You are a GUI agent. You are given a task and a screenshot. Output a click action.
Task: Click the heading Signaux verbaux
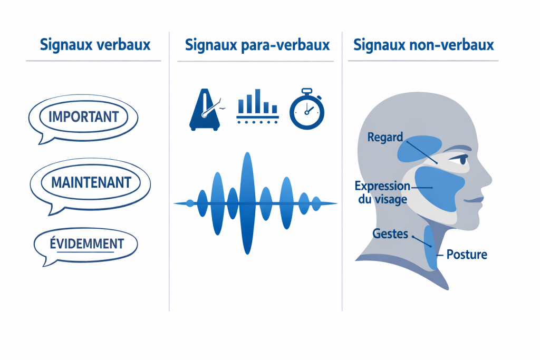pyautogui.click(x=95, y=45)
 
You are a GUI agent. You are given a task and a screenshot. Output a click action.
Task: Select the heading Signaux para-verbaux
pyautogui.click(x=257, y=45)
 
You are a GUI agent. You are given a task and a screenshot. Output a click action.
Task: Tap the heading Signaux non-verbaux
pyautogui.click(x=423, y=45)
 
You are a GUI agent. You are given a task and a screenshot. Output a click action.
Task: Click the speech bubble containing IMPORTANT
pyautogui.click(x=83, y=116)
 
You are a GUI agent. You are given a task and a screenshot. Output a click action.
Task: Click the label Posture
pyautogui.click(x=466, y=255)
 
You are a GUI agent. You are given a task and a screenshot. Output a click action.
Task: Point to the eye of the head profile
pyautogui.click(x=462, y=162)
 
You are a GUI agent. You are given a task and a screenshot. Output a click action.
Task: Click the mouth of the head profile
pyautogui.click(x=473, y=200)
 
